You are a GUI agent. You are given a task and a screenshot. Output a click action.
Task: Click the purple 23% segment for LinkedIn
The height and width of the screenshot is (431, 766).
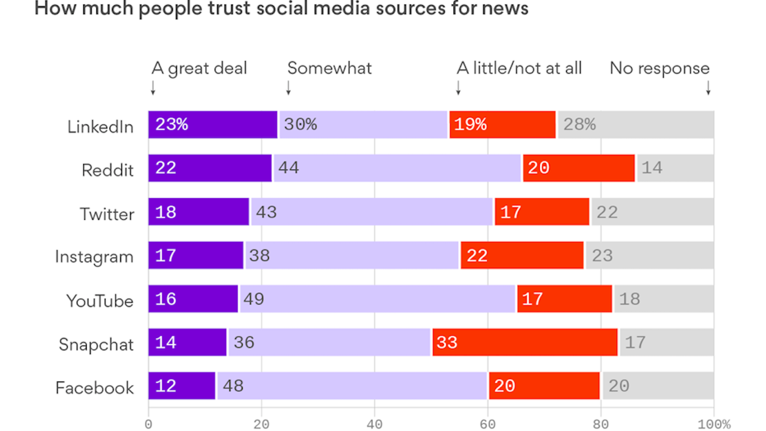pyautogui.click(x=213, y=125)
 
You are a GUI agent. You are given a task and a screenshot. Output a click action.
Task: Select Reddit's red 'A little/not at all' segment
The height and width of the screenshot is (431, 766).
pyautogui.click(x=578, y=168)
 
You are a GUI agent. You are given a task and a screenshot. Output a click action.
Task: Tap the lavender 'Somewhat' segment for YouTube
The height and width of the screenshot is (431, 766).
pyautogui.click(x=377, y=299)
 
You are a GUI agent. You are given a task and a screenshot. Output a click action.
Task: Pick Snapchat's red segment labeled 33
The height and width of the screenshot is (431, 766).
pyautogui.click(x=525, y=342)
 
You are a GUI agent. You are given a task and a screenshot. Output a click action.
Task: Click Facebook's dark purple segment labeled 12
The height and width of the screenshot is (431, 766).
pyautogui.click(x=182, y=386)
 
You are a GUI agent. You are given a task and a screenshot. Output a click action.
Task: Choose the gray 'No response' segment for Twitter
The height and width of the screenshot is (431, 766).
pyautogui.click(x=652, y=212)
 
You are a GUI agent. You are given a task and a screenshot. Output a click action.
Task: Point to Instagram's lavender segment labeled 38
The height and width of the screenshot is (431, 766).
pyautogui.click(x=352, y=255)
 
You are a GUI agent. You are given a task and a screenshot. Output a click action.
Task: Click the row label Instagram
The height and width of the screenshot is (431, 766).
pyautogui.click(x=94, y=257)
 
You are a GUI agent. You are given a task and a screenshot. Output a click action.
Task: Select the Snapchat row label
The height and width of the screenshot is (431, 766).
pyautogui.click(x=96, y=344)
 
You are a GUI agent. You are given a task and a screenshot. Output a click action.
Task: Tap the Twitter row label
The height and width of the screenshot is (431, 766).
pyautogui.click(x=107, y=214)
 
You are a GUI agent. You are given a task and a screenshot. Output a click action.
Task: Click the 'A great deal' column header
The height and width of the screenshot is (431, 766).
pyautogui.click(x=199, y=68)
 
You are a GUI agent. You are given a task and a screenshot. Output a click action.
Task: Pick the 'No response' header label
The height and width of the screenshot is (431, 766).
pyautogui.click(x=659, y=68)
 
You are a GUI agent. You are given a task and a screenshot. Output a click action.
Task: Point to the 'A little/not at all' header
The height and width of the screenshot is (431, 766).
pyautogui.click(x=519, y=68)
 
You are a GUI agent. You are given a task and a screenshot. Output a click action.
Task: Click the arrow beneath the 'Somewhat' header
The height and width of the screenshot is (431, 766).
pyautogui.click(x=288, y=87)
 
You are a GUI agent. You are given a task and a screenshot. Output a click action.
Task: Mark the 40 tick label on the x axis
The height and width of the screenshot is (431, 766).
pyautogui.click(x=374, y=424)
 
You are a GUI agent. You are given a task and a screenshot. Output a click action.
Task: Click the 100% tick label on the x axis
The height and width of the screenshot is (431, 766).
pyautogui.click(x=714, y=424)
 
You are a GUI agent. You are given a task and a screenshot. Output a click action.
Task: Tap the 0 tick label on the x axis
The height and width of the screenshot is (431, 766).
pyautogui.click(x=148, y=424)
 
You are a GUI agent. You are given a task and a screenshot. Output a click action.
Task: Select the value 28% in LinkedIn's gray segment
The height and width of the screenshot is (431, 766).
pyautogui.click(x=579, y=125)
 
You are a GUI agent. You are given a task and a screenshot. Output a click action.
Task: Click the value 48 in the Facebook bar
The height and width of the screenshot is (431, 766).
pyautogui.click(x=233, y=386)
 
